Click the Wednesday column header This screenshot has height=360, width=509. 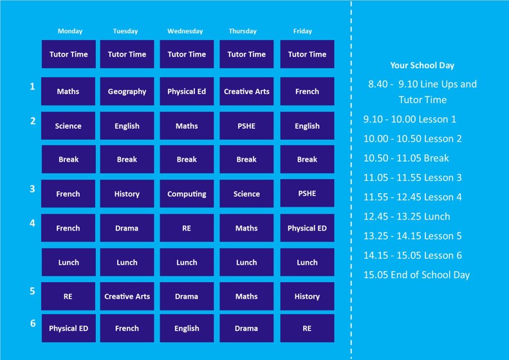185,31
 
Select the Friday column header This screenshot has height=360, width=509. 302,31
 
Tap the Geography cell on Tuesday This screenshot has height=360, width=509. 127,91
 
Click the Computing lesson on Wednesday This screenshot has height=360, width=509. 187,194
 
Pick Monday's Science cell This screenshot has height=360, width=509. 68,126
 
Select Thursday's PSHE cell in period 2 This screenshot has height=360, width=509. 246,126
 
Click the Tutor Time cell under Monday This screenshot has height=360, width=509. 68,54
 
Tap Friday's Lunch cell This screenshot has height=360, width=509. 307,262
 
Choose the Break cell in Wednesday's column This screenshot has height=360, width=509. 187,159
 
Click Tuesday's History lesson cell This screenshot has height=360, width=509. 127,194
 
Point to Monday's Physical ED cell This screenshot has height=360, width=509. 68,328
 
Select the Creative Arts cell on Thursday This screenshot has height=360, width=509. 246,91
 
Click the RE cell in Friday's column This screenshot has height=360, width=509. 307,328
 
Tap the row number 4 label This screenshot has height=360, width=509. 32,223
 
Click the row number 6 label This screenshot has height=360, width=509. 33,323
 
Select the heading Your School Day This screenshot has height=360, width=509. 422,65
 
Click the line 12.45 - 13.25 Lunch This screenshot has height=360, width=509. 407,216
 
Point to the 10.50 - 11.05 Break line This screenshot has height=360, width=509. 406,158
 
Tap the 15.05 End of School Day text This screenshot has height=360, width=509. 416,275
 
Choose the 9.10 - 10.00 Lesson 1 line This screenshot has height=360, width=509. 410,119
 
